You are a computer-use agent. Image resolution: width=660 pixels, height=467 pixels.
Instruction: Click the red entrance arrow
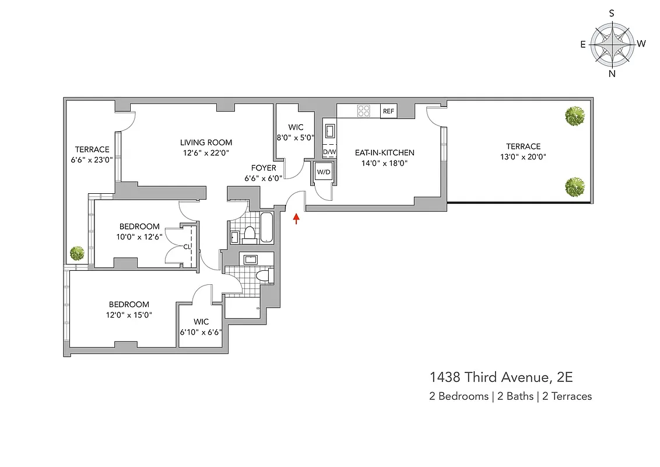click(x=296, y=218)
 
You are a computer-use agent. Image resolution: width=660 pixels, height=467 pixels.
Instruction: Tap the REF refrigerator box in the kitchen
click(x=388, y=111)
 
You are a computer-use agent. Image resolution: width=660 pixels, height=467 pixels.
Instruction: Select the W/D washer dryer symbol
click(x=323, y=172)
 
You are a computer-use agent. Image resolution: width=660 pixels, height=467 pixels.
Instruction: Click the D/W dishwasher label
click(x=329, y=152)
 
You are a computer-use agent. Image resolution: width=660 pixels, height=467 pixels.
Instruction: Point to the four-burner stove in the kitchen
click(x=364, y=110)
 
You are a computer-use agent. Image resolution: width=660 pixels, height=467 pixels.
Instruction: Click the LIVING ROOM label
click(x=206, y=142)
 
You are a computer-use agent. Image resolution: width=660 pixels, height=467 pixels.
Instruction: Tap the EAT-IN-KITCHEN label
click(x=385, y=153)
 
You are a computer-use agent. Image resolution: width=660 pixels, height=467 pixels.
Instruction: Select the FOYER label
click(x=264, y=168)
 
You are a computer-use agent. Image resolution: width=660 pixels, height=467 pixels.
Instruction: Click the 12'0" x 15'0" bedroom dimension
click(x=129, y=315)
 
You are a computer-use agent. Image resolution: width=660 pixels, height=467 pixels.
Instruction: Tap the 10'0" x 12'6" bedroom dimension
click(x=139, y=236)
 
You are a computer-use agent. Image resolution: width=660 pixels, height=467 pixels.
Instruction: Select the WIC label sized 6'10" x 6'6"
click(x=201, y=322)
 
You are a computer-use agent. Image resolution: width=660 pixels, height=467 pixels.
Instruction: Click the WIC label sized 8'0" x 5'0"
click(x=296, y=127)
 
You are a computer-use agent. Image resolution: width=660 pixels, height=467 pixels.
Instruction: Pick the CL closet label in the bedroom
click(x=187, y=246)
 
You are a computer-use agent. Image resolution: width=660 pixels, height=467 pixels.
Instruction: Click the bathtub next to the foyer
click(x=267, y=228)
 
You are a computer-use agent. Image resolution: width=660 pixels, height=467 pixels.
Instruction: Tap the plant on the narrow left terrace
click(x=77, y=253)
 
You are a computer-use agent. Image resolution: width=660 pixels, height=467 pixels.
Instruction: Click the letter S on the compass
click(x=612, y=13)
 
